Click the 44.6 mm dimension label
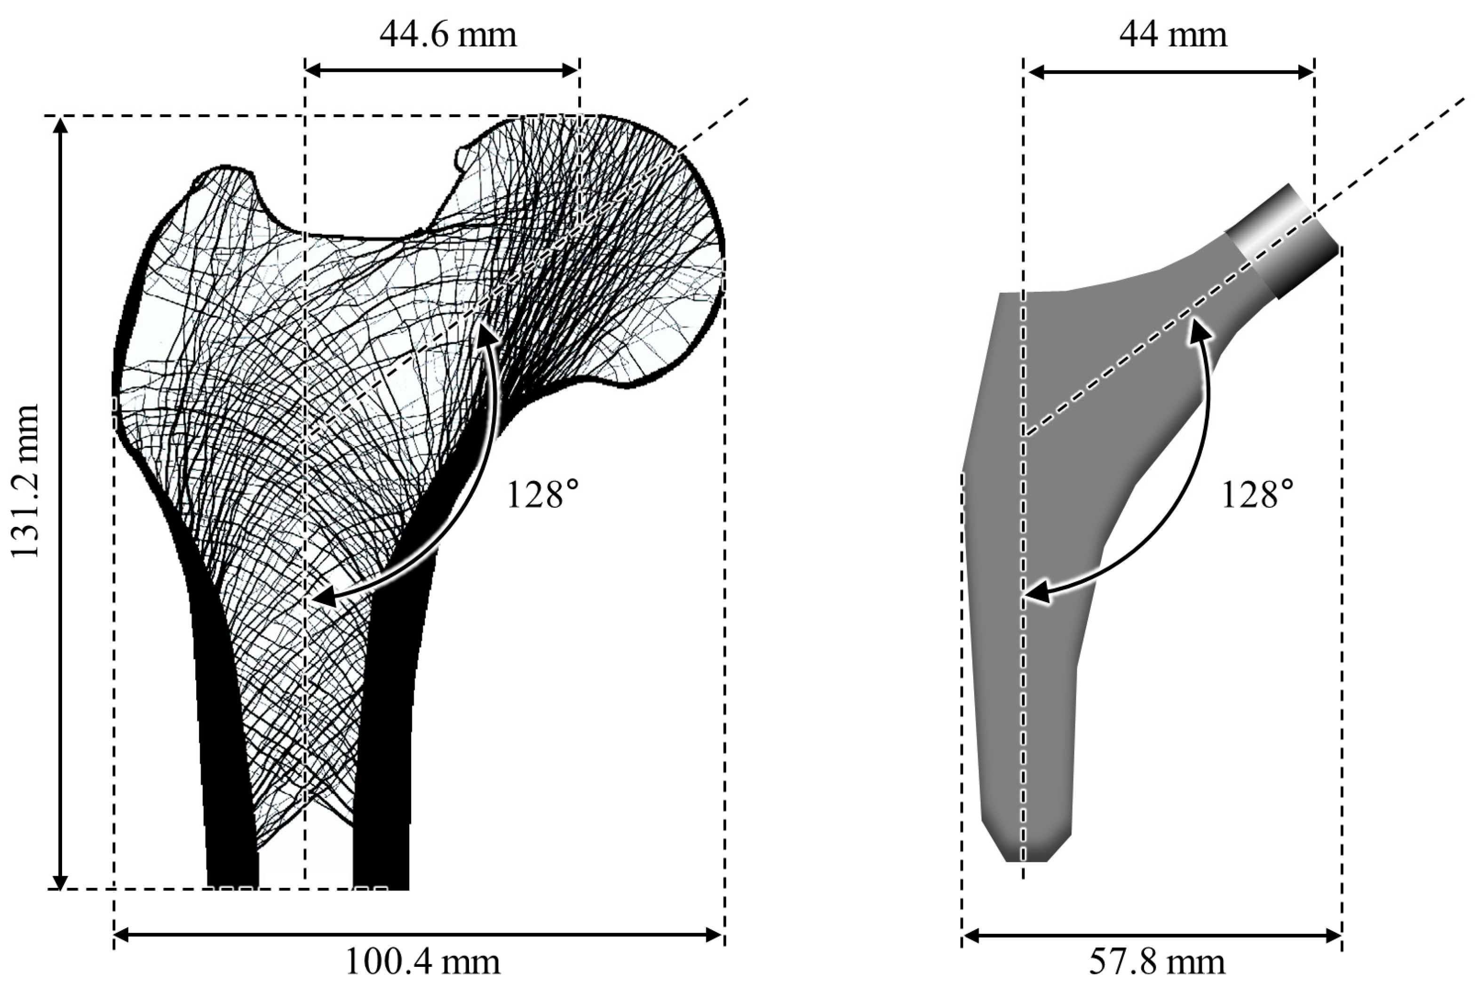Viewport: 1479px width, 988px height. click(448, 35)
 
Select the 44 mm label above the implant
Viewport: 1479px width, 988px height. click(1173, 35)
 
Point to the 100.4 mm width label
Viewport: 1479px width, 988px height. click(422, 962)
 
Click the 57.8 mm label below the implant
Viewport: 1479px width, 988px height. click(1157, 962)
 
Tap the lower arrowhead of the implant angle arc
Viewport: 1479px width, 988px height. click(1033, 594)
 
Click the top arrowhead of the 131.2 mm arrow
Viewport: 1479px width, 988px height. click(60, 126)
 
